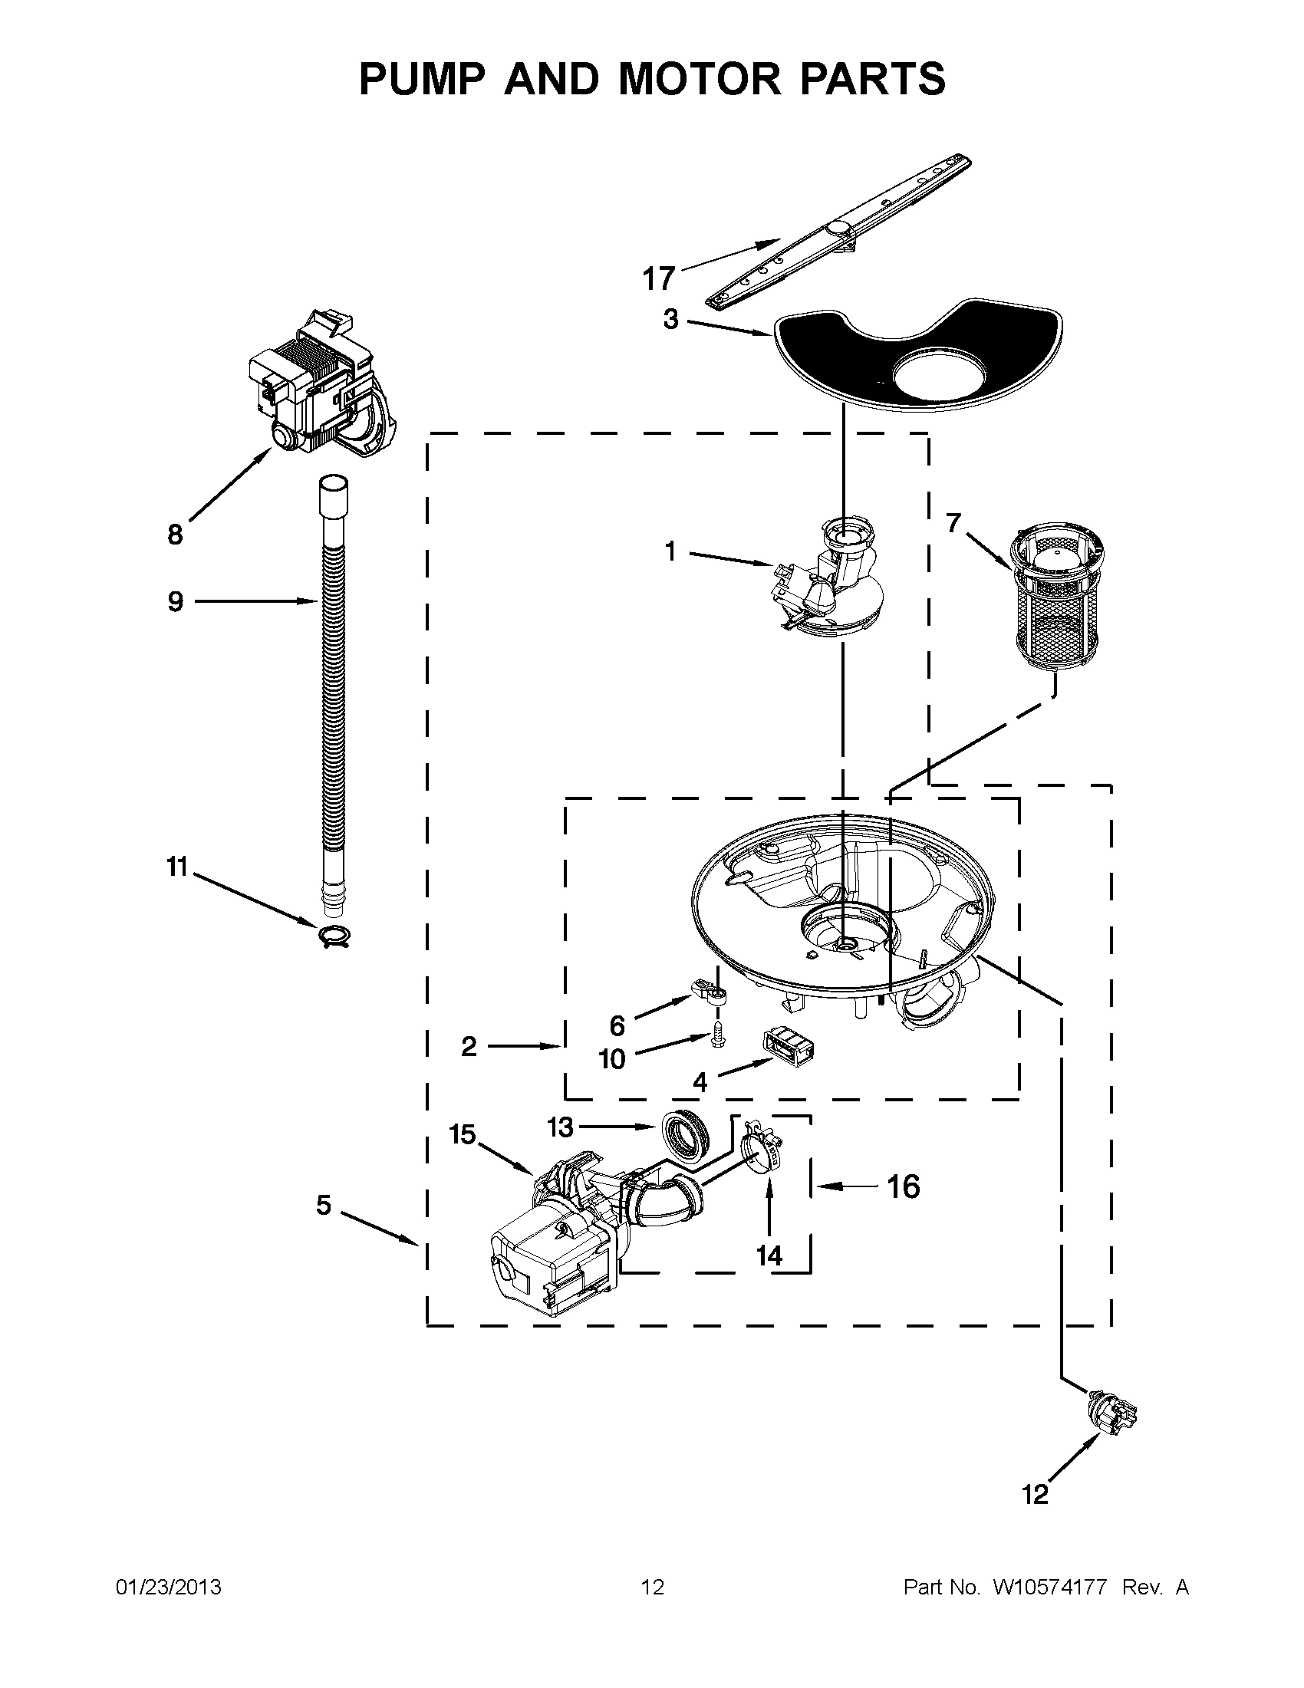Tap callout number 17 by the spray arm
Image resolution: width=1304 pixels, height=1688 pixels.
coord(659,278)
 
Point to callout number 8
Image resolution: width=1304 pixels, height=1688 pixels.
coord(176,534)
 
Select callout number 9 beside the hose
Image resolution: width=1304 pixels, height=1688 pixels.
coord(176,601)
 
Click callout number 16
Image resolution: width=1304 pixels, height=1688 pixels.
coord(903,1186)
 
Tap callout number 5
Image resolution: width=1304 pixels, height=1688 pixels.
coord(323,1204)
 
